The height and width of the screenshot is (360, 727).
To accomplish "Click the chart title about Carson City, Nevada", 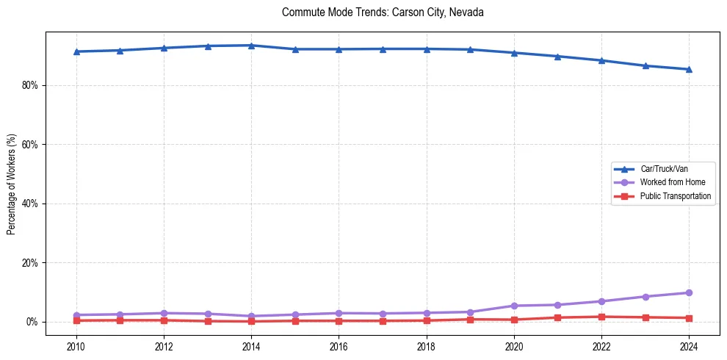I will pyautogui.click(x=383, y=12).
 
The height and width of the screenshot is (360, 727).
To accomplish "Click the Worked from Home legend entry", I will pyautogui.click(x=672, y=182).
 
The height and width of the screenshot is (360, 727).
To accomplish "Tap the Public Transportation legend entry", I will pyautogui.click(x=675, y=196).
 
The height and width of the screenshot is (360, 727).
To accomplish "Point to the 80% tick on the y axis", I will pyautogui.click(x=30, y=85).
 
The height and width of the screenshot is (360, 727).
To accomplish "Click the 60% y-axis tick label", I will pyautogui.click(x=30, y=145).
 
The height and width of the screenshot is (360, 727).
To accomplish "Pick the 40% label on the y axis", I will pyautogui.click(x=30, y=204).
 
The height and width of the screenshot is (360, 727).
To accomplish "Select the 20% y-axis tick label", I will pyautogui.click(x=30, y=263).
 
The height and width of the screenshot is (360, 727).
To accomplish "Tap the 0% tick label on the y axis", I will pyautogui.click(x=32, y=322).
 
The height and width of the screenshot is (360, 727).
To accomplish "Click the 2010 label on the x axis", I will pyautogui.click(x=76, y=346).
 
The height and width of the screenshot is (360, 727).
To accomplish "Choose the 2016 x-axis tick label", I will pyautogui.click(x=339, y=346).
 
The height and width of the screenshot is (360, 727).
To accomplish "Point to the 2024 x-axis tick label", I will pyautogui.click(x=689, y=346).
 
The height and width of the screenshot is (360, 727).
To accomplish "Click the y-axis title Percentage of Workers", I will pyautogui.click(x=12, y=184).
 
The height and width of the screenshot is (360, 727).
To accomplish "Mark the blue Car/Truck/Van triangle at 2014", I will pyautogui.click(x=251, y=46).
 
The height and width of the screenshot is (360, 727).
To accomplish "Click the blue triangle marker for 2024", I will pyautogui.click(x=689, y=69).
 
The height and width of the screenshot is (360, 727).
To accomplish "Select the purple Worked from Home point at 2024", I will pyautogui.click(x=689, y=292).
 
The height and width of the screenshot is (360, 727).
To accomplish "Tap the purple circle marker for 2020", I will pyautogui.click(x=514, y=306).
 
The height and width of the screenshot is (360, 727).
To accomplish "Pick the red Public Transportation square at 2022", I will pyautogui.click(x=601, y=317).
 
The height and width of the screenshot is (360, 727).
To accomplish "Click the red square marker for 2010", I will pyautogui.click(x=76, y=320).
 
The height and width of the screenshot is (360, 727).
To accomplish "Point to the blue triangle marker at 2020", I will pyautogui.click(x=514, y=53).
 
